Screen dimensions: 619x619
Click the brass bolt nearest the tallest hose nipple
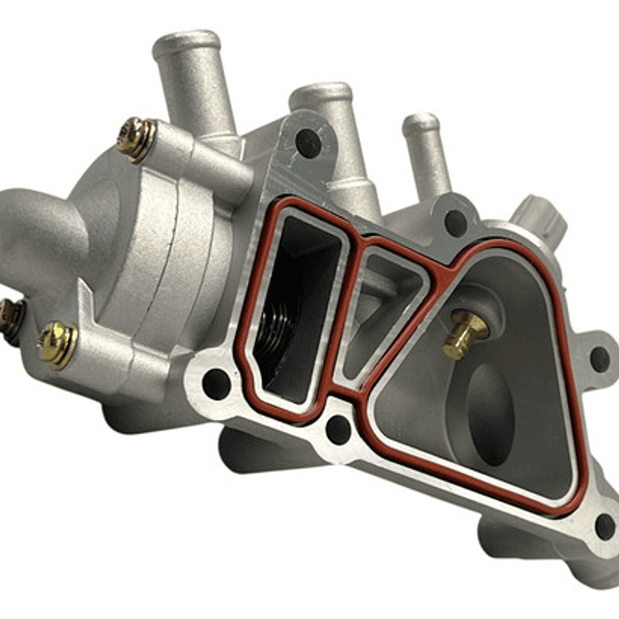[x=136, y=139]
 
